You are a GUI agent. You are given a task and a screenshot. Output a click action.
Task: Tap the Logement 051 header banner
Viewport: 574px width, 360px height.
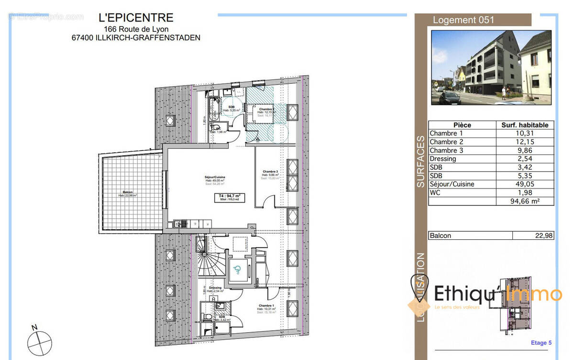pos(463,20)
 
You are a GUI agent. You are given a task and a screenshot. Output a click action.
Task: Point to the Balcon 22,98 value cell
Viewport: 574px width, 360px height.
pos(533,236)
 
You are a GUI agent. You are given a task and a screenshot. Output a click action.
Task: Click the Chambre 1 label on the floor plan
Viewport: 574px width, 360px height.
pos(266,306)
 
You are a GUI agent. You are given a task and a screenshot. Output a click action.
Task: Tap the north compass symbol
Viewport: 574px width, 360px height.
pos(39,342)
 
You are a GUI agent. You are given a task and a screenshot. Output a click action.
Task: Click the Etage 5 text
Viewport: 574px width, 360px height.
pos(541,343)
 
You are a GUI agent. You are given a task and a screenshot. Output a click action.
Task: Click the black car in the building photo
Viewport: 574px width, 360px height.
pos(449,98)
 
